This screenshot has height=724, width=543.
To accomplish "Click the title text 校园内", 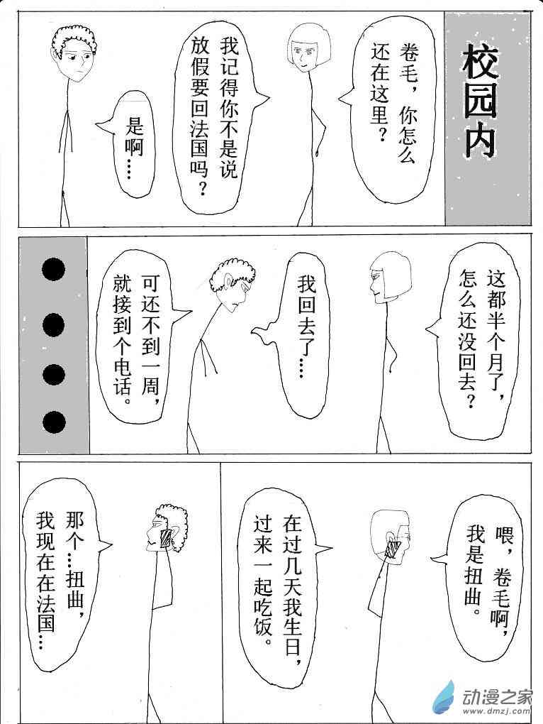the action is coord(481,101).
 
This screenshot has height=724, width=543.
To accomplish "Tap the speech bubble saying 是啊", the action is coord(130,144).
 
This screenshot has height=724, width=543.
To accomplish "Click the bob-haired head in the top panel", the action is coord(308,48).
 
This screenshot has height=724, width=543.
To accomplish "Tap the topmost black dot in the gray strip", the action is coord(53,269).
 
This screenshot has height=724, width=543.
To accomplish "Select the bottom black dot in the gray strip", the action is coord(53,422).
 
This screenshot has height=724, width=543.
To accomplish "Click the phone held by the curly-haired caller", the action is coord(165,539).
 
